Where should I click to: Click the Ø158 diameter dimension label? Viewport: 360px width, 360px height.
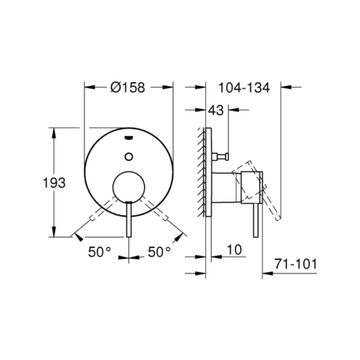[x=127, y=87]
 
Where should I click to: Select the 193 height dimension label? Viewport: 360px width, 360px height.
[x=54, y=183]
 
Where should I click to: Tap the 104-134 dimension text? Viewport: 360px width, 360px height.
[x=244, y=87]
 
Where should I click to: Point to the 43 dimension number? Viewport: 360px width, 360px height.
[x=216, y=111]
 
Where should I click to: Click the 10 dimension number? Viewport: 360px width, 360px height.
[x=234, y=249]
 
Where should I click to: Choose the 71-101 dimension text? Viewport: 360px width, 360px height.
[x=295, y=264]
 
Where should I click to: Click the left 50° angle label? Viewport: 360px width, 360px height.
[x=100, y=252]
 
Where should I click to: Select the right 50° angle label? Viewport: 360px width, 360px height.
[x=159, y=252]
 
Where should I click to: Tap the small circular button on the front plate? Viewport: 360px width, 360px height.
[x=129, y=156]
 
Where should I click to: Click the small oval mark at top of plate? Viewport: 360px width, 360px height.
[x=129, y=137]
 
